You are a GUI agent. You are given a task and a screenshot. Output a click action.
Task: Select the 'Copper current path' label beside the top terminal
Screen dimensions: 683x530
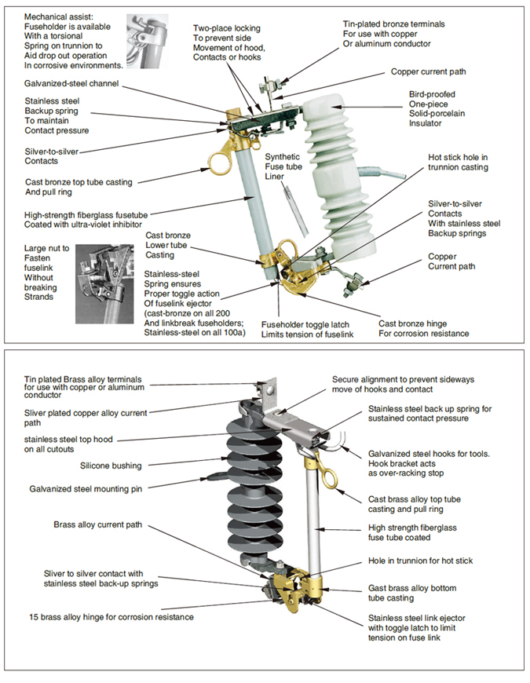(428, 71)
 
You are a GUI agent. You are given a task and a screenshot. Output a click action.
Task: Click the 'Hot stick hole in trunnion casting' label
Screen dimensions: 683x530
(458, 163)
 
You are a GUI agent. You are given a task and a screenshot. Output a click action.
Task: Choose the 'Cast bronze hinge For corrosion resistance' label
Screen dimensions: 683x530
(424, 328)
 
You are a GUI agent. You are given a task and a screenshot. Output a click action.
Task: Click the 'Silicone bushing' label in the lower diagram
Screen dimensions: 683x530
(111, 466)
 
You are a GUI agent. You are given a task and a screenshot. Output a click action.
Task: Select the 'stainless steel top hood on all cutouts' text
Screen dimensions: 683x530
(78, 444)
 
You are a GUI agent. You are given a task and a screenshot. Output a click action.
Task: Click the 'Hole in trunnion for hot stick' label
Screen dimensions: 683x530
(420, 561)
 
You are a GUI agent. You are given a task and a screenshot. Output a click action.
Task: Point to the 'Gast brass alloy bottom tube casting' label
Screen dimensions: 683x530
(412, 593)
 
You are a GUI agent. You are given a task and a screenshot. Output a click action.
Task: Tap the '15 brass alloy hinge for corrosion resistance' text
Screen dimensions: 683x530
(111, 617)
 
